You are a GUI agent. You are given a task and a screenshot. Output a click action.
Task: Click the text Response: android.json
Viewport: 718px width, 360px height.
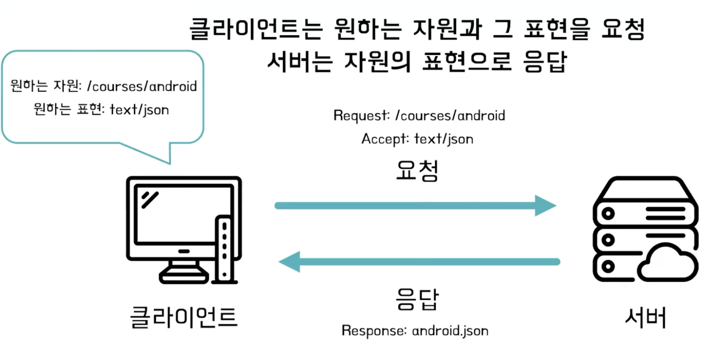pos(415,331)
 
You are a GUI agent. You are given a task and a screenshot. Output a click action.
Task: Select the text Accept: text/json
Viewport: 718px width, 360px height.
pos(417,139)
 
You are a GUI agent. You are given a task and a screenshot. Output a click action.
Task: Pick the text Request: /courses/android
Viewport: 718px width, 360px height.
pos(419,116)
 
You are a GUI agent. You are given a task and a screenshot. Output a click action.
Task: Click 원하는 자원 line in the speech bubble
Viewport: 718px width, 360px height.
pos(103,86)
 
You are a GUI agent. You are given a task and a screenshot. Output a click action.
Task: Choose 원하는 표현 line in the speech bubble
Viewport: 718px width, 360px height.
pos(101,109)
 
